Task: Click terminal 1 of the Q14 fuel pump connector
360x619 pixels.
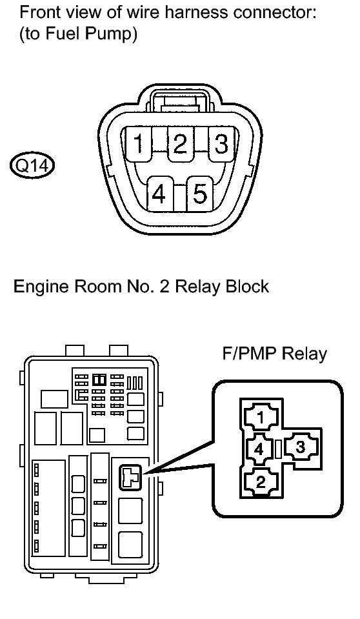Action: click(138, 144)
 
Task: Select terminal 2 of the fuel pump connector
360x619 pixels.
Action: click(179, 144)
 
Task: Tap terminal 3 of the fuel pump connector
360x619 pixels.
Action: click(221, 144)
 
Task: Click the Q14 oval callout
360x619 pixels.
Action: click(32, 165)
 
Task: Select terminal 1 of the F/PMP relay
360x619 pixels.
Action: click(261, 418)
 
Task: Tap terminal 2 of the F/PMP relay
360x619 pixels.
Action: click(261, 482)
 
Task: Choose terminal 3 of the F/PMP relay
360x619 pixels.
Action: click(301, 448)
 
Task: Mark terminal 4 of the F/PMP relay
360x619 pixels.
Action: click(259, 450)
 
